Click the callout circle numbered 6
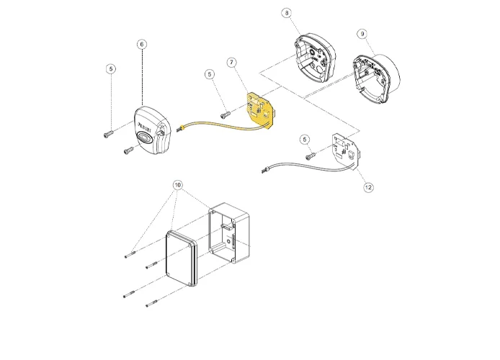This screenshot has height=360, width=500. point(141,44)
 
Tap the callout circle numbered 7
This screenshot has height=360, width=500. point(231,63)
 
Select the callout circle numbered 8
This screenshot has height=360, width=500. point(287,13)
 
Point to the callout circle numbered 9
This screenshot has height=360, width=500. point(362,34)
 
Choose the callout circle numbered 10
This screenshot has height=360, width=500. point(178,185)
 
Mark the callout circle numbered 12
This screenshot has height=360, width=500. point(368,187)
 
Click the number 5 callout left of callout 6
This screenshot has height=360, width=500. point(110,69)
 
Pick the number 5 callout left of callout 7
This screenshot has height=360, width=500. point(210,73)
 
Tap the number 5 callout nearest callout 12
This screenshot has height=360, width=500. point(305,138)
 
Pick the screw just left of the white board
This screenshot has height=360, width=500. point(311,156)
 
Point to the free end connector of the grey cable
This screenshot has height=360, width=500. point(265,169)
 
